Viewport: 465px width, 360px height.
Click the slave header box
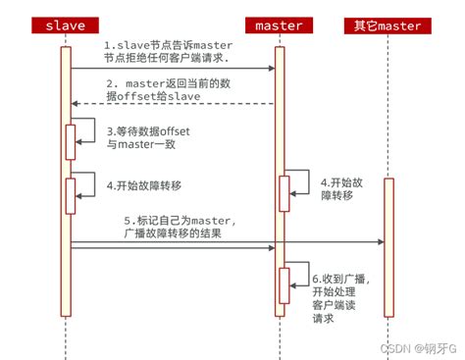(66, 24)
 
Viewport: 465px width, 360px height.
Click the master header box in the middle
(278, 24)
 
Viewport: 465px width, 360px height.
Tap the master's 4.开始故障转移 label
(340, 188)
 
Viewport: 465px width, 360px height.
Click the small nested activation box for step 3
(71, 141)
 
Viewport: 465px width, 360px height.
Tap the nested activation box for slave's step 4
(71, 194)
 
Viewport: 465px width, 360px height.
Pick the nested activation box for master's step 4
(284, 191)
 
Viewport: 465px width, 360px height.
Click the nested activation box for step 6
(284, 285)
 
